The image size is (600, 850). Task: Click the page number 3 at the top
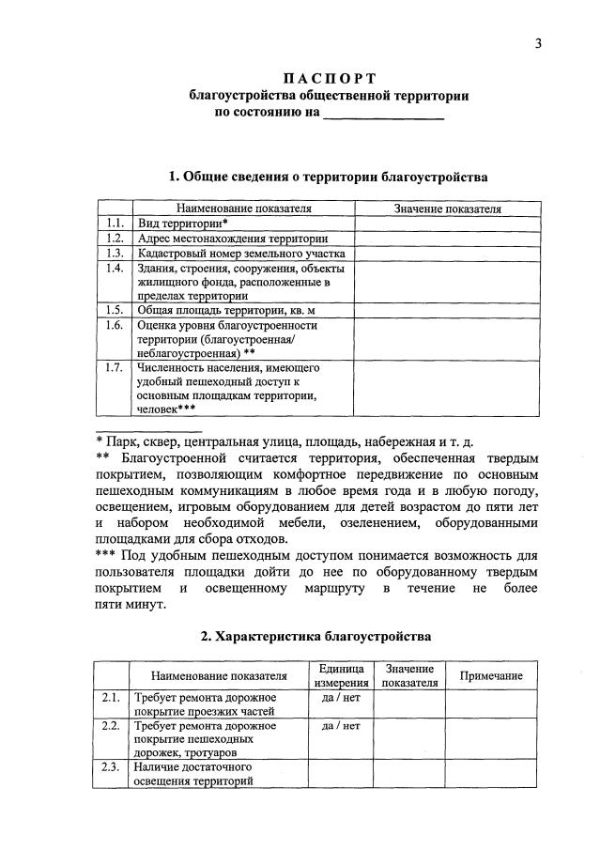click(539, 42)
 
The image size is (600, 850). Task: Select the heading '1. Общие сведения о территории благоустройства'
click(328, 177)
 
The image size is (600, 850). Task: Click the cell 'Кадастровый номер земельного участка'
click(241, 254)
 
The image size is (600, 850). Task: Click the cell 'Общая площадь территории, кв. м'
click(223, 310)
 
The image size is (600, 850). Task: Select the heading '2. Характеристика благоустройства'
click(315, 636)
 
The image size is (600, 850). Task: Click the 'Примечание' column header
click(490, 675)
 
